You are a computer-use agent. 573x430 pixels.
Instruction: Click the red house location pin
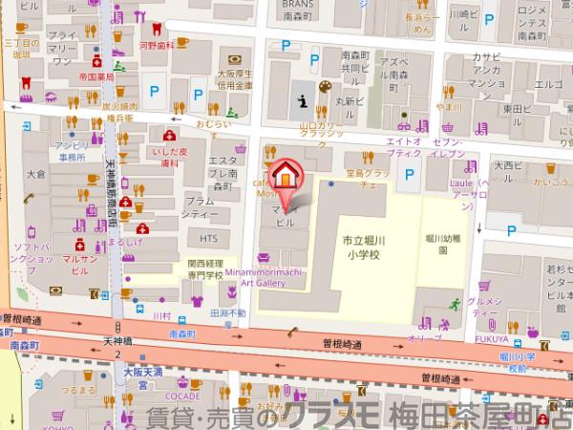[x=285, y=174]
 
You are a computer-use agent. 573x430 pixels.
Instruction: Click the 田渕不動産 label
[x=214, y=318]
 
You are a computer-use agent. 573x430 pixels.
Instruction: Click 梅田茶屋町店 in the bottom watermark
[x=487, y=416]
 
